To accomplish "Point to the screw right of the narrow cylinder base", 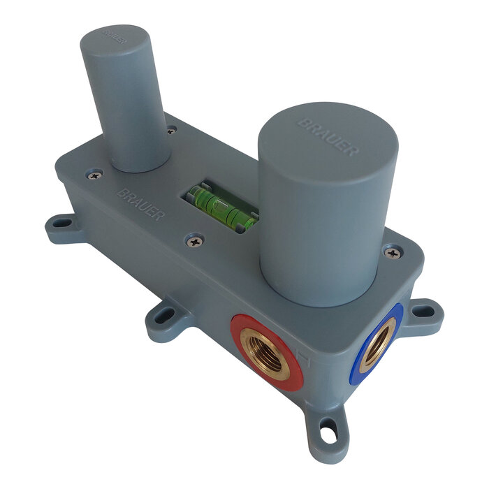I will click(170, 129).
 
